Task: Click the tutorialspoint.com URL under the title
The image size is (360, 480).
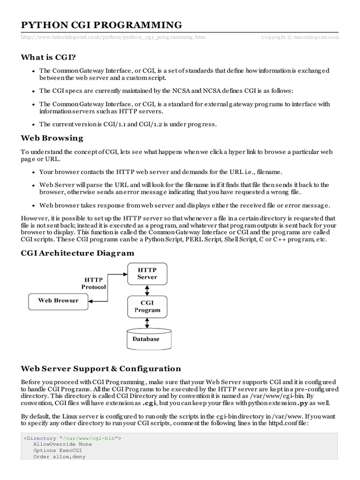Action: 112,37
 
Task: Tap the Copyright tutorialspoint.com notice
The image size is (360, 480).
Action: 300,37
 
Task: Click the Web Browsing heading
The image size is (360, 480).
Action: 52,138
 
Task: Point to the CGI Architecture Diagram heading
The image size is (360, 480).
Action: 77,253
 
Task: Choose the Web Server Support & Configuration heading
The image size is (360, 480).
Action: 101,368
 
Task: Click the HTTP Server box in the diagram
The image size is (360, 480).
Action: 147,273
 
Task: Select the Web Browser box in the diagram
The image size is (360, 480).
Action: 58,300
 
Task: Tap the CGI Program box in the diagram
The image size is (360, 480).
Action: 147,306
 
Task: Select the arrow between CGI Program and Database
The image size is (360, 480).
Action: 147,323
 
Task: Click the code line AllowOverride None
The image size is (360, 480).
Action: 62,443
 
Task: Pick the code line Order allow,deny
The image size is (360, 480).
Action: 59,457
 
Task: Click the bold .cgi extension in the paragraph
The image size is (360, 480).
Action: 150,403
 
